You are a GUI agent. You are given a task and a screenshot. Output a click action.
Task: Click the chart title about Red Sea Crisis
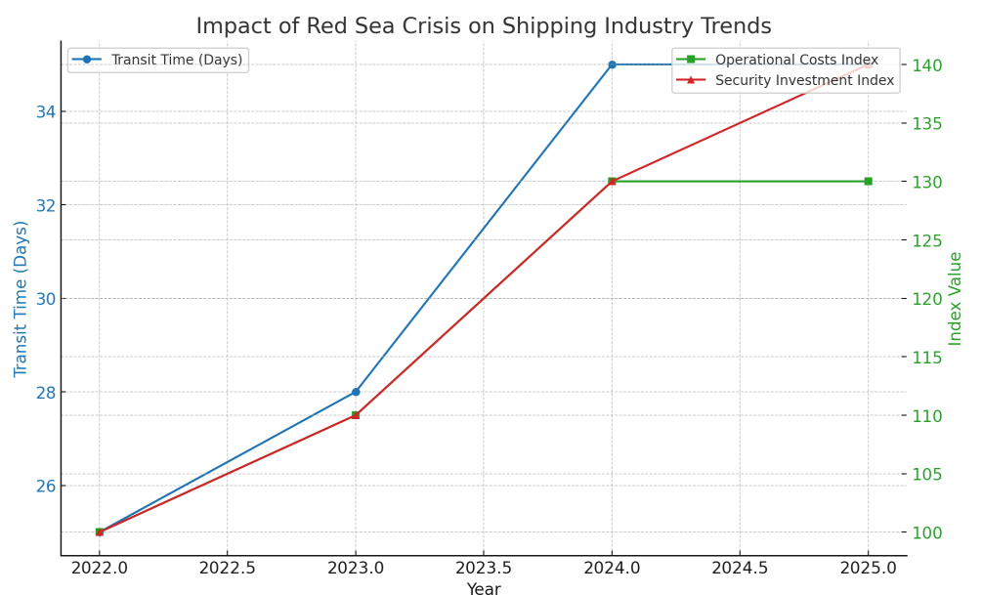tap(483, 26)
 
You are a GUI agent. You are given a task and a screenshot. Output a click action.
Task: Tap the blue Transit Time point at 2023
tap(356, 392)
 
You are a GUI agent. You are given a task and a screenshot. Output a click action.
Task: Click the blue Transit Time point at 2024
tap(612, 64)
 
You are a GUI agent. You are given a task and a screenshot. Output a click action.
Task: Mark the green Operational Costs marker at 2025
tap(868, 181)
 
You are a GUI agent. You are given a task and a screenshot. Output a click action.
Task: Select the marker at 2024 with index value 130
tap(612, 181)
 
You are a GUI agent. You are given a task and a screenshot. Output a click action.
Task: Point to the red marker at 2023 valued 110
tap(356, 415)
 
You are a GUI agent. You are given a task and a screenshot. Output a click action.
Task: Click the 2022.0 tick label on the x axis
tap(100, 568)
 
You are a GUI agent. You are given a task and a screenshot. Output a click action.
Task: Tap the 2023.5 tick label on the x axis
tap(484, 568)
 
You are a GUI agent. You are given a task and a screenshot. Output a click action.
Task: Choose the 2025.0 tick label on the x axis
tap(868, 568)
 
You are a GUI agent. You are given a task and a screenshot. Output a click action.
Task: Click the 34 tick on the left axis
tap(45, 111)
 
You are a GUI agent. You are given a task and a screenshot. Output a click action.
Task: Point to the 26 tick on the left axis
tap(45, 486)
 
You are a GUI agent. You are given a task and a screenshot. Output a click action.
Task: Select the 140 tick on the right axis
tap(927, 65)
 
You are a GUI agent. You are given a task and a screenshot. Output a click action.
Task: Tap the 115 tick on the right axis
tap(927, 358)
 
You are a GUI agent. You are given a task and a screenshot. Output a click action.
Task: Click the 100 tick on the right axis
tap(927, 532)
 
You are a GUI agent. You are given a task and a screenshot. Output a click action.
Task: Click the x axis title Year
tap(484, 589)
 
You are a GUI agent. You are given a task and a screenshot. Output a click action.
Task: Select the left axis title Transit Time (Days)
tap(21, 298)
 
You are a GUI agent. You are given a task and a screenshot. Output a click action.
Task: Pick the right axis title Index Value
tap(956, 298)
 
